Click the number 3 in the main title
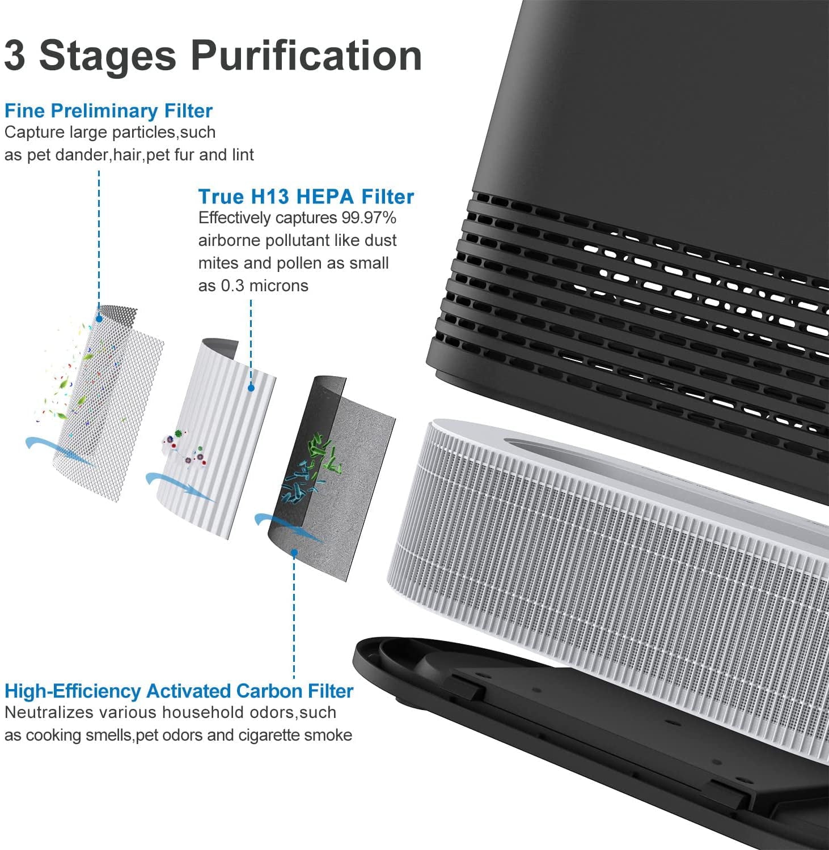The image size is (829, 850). click(15, 56)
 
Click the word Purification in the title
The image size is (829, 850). click(306, 56)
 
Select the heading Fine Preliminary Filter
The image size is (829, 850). click(108, 110)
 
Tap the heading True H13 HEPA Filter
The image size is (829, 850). click(306, 197)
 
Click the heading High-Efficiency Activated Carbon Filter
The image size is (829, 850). click(179, 691)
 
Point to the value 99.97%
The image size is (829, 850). click(369, 218)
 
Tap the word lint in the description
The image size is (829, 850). click(243, 155)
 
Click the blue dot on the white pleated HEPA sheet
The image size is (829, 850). click(251, 388)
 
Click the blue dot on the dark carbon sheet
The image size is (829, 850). click(294, 551)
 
